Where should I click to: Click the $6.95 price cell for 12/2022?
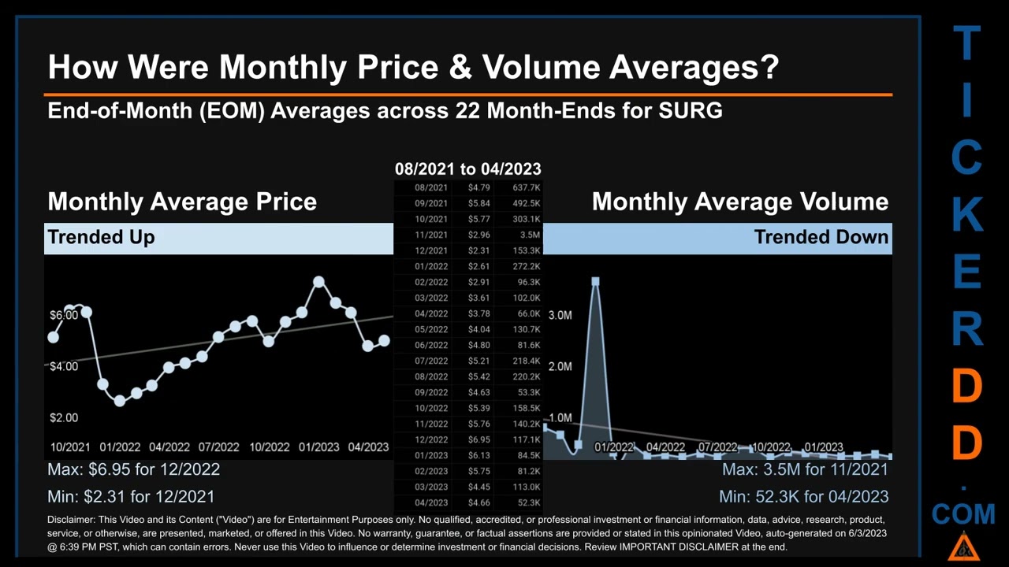click(478, 439)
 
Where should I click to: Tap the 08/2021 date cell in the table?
click(430, 187)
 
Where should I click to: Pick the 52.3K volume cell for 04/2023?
click(525, 502)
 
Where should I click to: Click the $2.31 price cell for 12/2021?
click(478, 250)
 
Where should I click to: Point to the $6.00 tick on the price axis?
click(64, 315)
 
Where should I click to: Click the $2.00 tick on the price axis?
click(64, 417)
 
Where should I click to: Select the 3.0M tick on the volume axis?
click(560, 315)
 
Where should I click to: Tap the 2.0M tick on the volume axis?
click(560, 366)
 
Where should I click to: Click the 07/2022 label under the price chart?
click(218, 447)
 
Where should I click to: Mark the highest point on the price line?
click(318, 281)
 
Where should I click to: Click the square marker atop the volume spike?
click(595, 281)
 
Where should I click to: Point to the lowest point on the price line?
click(120, 401)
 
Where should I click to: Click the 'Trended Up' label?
click(101, 237)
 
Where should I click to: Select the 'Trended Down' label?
click(821, 237)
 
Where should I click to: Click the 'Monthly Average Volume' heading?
click(739, 202)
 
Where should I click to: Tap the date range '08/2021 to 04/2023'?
click(467, 169)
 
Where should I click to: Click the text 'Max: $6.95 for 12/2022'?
click(133, 469)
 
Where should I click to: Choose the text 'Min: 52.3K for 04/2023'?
click(803, 497)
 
